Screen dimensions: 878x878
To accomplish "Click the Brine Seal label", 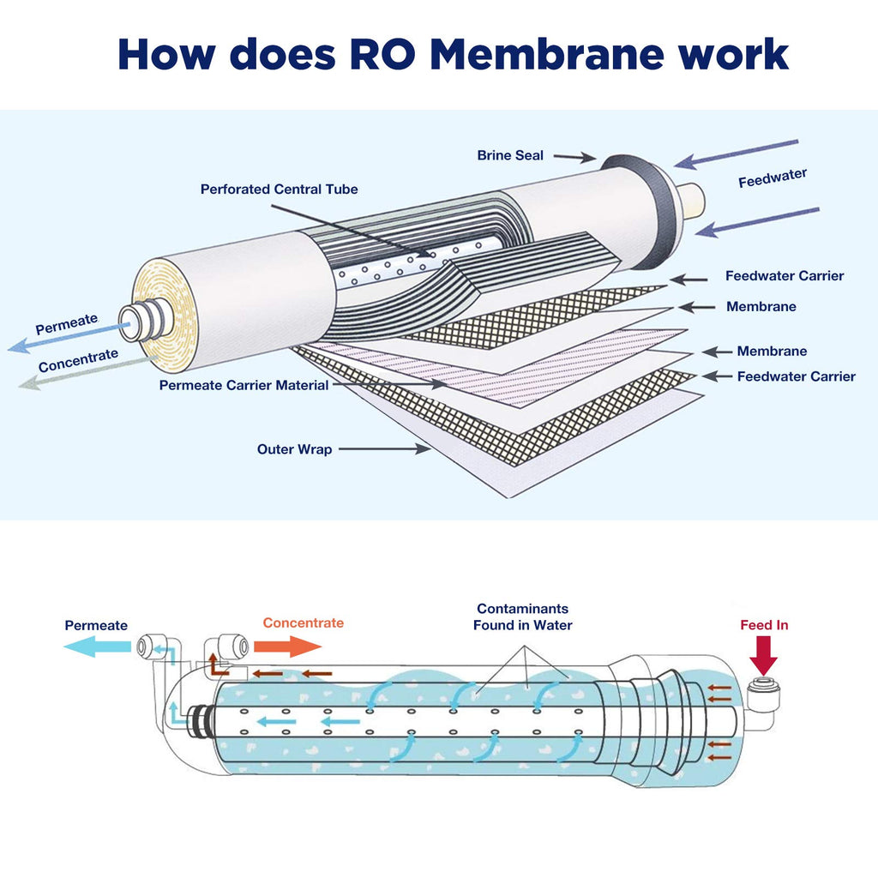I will click(510, 155).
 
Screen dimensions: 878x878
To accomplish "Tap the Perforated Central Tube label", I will click(279, 189).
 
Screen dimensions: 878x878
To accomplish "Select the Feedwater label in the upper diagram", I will click(772, 177).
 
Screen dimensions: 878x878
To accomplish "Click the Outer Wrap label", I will click(294, 449).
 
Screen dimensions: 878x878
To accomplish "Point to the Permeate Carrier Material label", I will click(244, 386).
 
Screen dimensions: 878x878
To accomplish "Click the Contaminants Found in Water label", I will click(522, 616).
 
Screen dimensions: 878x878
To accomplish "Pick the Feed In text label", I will click(764, 625).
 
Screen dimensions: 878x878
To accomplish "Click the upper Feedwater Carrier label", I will click(784, 276).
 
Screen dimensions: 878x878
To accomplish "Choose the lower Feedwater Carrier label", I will click(796, 376).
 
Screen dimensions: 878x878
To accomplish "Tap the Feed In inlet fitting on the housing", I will click(760, 689).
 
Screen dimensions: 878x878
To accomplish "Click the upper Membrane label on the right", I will click(761, 306).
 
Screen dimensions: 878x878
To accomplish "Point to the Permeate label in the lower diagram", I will click(96, 626).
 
